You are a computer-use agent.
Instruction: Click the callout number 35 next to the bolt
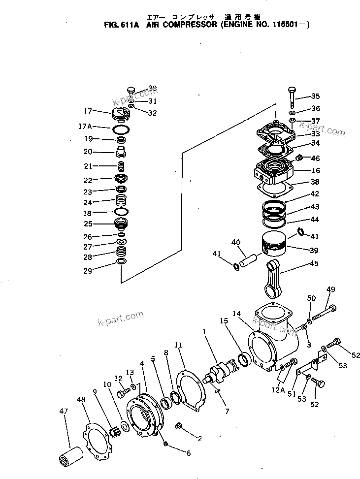point(315,96)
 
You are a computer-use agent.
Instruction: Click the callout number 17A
point(85,127)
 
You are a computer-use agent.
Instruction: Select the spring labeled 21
point(121,165)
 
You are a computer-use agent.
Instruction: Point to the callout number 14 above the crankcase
point(236,314)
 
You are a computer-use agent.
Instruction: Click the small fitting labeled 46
point(298,159)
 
